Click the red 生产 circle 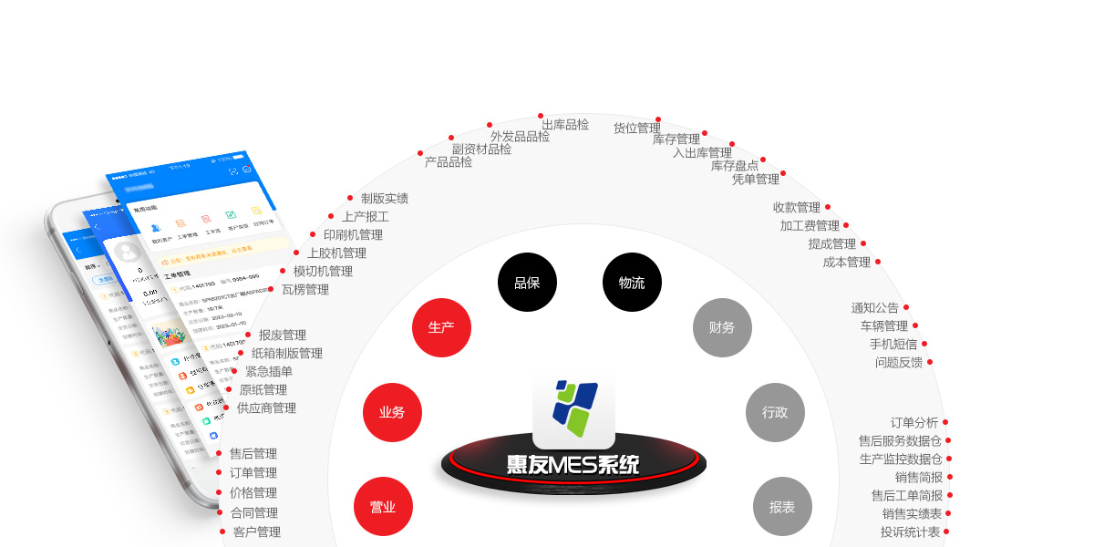click(441, 327)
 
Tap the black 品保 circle click(527, 283)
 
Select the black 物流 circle click(632, 283)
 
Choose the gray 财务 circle click(722, 327)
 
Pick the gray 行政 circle click(775, 412)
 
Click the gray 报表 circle click(782, 507)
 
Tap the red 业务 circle click(392, 412)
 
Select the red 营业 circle click(383, 507)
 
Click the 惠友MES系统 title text click(573, 465)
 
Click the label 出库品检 click(565, 125)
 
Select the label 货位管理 click(636, 128)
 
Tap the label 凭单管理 click(756, 179)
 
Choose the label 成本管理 click(847, 262)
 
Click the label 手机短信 click(893, 344)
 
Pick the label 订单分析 click(914, 422)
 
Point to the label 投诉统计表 click(910, 532)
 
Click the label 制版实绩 click(385, 198)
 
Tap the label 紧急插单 click(269, 371)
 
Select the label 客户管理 click(257, 532)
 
